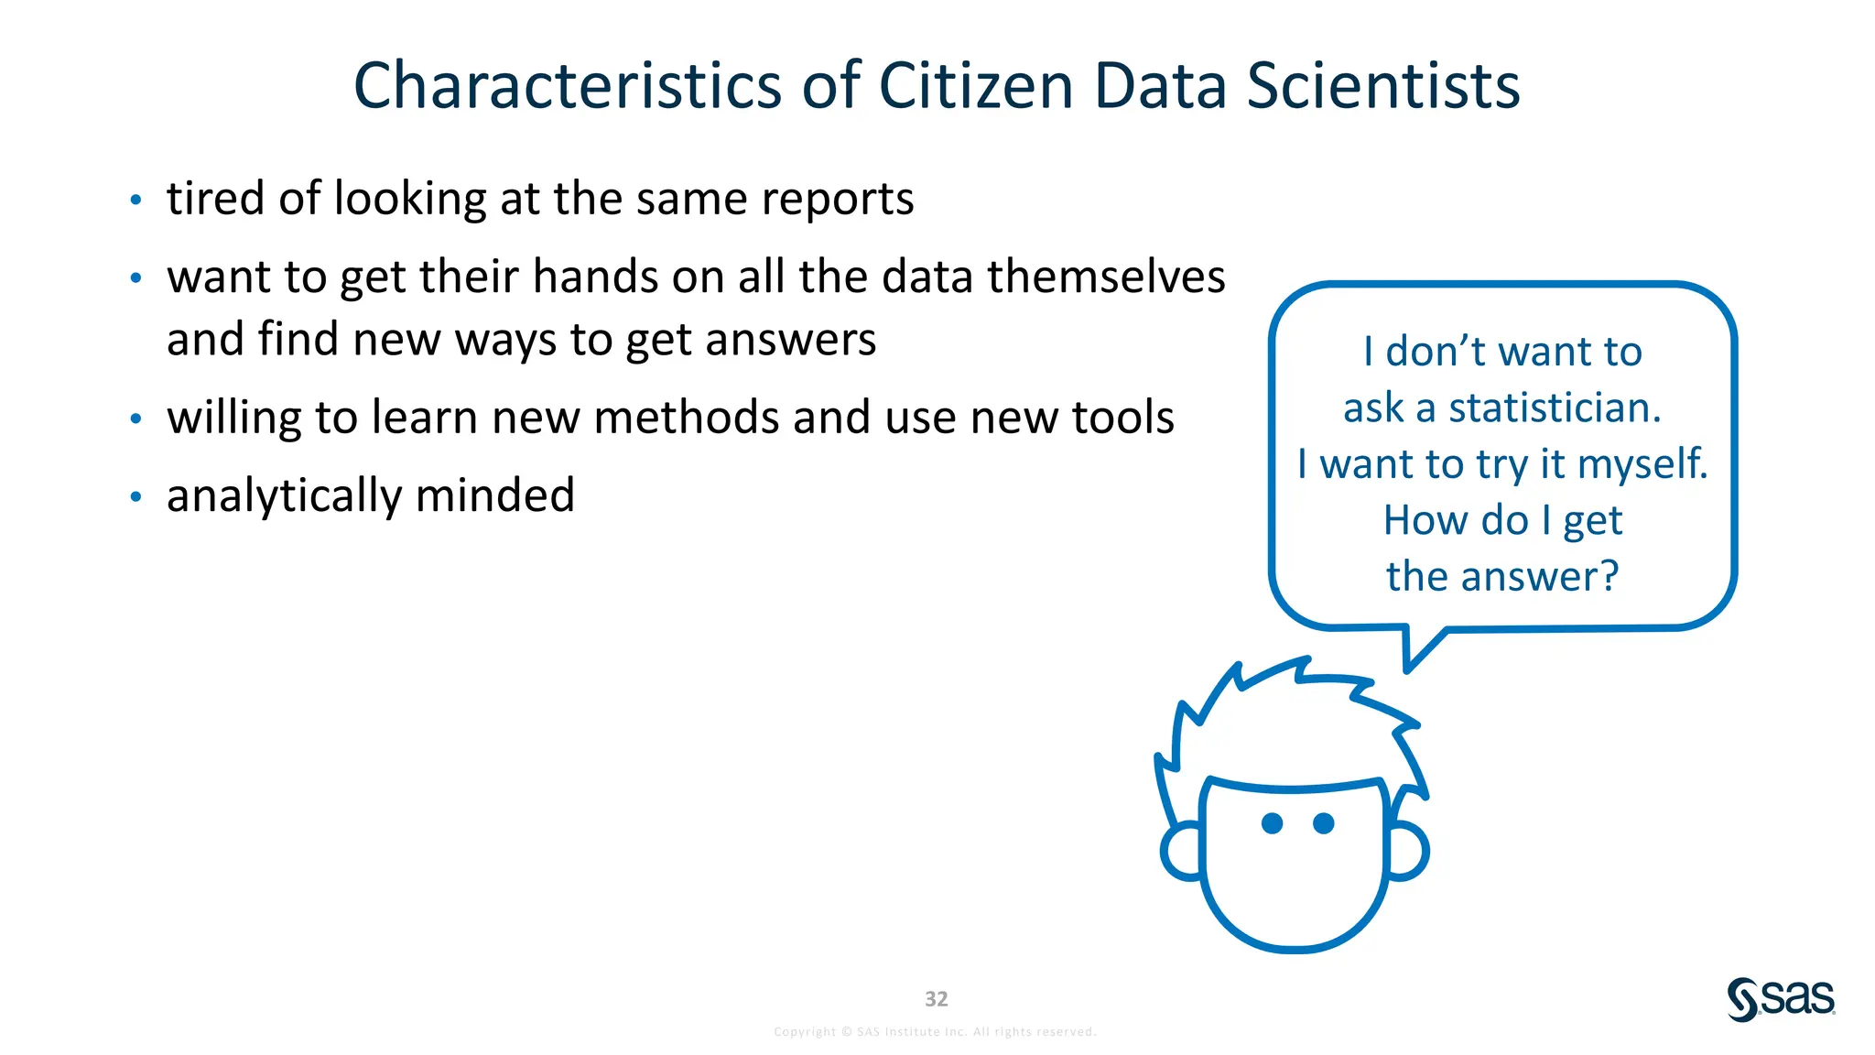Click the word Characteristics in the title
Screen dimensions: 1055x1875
(568, 86)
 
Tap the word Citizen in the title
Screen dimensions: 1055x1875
(976, 86)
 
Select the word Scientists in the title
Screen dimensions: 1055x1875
(1383, 86)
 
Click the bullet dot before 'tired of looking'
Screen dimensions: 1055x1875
(136, 200)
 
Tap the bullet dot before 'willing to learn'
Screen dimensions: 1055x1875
(136, 419)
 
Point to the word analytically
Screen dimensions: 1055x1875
(285, 496)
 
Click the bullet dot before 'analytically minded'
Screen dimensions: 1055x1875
(136, 497)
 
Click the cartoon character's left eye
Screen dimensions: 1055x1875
(1272, 823)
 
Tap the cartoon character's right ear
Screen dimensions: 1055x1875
(1408, 851)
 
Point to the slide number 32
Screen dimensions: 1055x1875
(936, 998)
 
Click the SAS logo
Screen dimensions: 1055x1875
(1781, 998)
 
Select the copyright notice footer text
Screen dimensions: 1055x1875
(935, 1032)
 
